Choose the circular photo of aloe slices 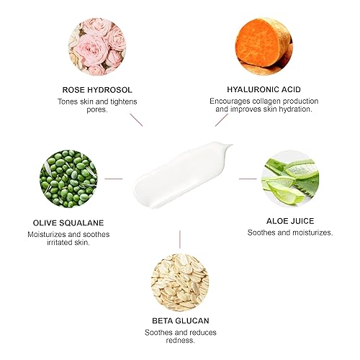pyautogui.click(x=289, y=178)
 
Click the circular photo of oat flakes pyautogui.click(x=180, y=278)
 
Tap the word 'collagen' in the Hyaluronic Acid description pyautogui.click(x=255, y=102)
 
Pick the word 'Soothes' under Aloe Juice pyautogui.click(x=263, y=233)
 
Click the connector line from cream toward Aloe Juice pyautogui.click(x=247, y=178)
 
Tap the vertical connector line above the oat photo pyautogui.click(x=180, y=238)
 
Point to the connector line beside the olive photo pyautogui.click(x=113, y=178)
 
